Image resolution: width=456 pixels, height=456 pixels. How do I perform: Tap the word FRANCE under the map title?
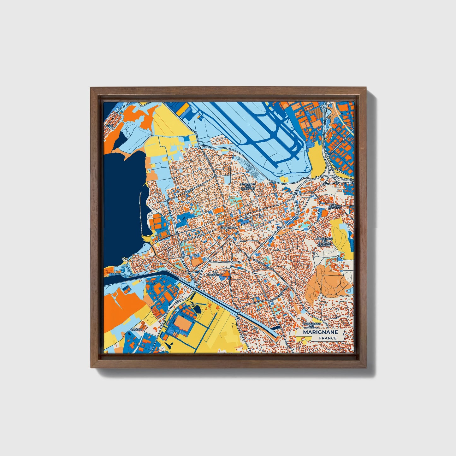pos(327,338)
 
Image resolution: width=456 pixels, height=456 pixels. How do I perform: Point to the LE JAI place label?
pos(109,126)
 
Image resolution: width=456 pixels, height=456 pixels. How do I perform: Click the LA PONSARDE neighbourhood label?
pos(217,273)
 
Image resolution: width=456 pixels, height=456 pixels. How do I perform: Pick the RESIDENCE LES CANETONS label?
pos(248,186)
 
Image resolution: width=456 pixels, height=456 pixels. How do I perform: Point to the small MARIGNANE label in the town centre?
pos(228,228)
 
